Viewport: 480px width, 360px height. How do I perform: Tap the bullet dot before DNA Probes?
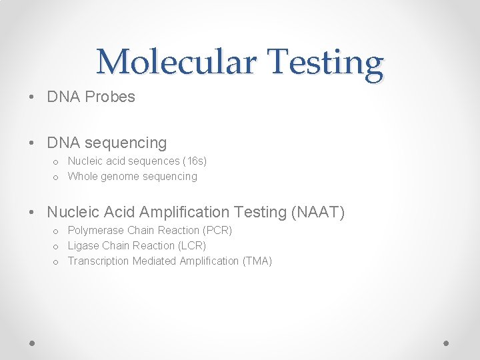(33, 97)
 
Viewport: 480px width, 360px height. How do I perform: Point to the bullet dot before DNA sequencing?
(33, 143)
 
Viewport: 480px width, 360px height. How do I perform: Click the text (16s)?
(195, 161)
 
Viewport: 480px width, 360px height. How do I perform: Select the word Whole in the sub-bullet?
(83, 177)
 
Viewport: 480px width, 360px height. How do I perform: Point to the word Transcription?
(99, 261)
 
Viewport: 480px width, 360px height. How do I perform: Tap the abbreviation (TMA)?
(257, 261)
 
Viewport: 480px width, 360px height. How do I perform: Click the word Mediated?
(155, 261)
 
